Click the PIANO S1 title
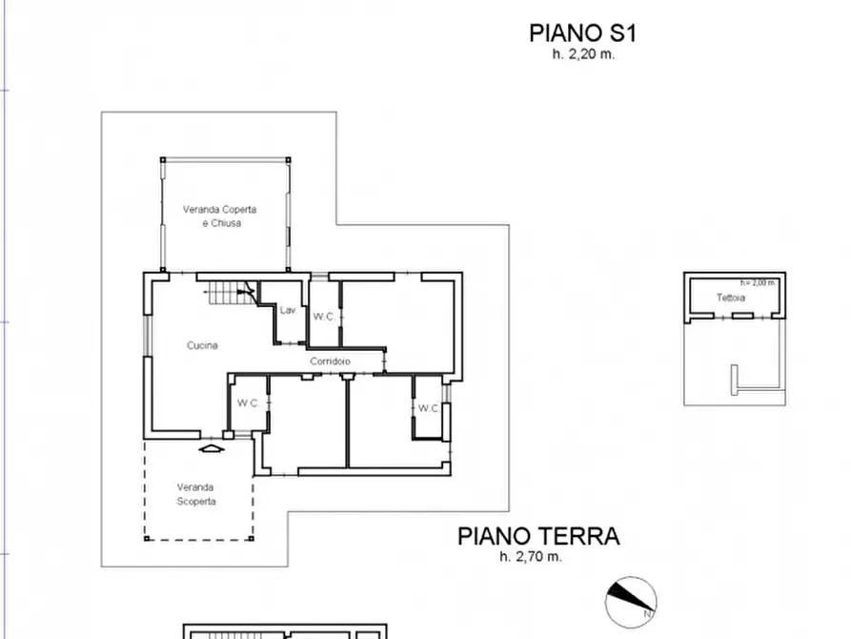click(582, 33)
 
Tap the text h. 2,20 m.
click(583, 54)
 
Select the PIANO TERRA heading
click(538, 536)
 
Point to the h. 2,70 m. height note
click(531, 557)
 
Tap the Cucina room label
click(202, 345)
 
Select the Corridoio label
click(330, 361)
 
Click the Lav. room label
click(288, 310)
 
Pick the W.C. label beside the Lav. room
click(323, 318)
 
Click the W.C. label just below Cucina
click(248, 403)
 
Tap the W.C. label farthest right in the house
click(428, 408)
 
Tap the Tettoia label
click(731, 298)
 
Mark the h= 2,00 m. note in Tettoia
click(759, 282)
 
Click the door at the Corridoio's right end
click(385, 361)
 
